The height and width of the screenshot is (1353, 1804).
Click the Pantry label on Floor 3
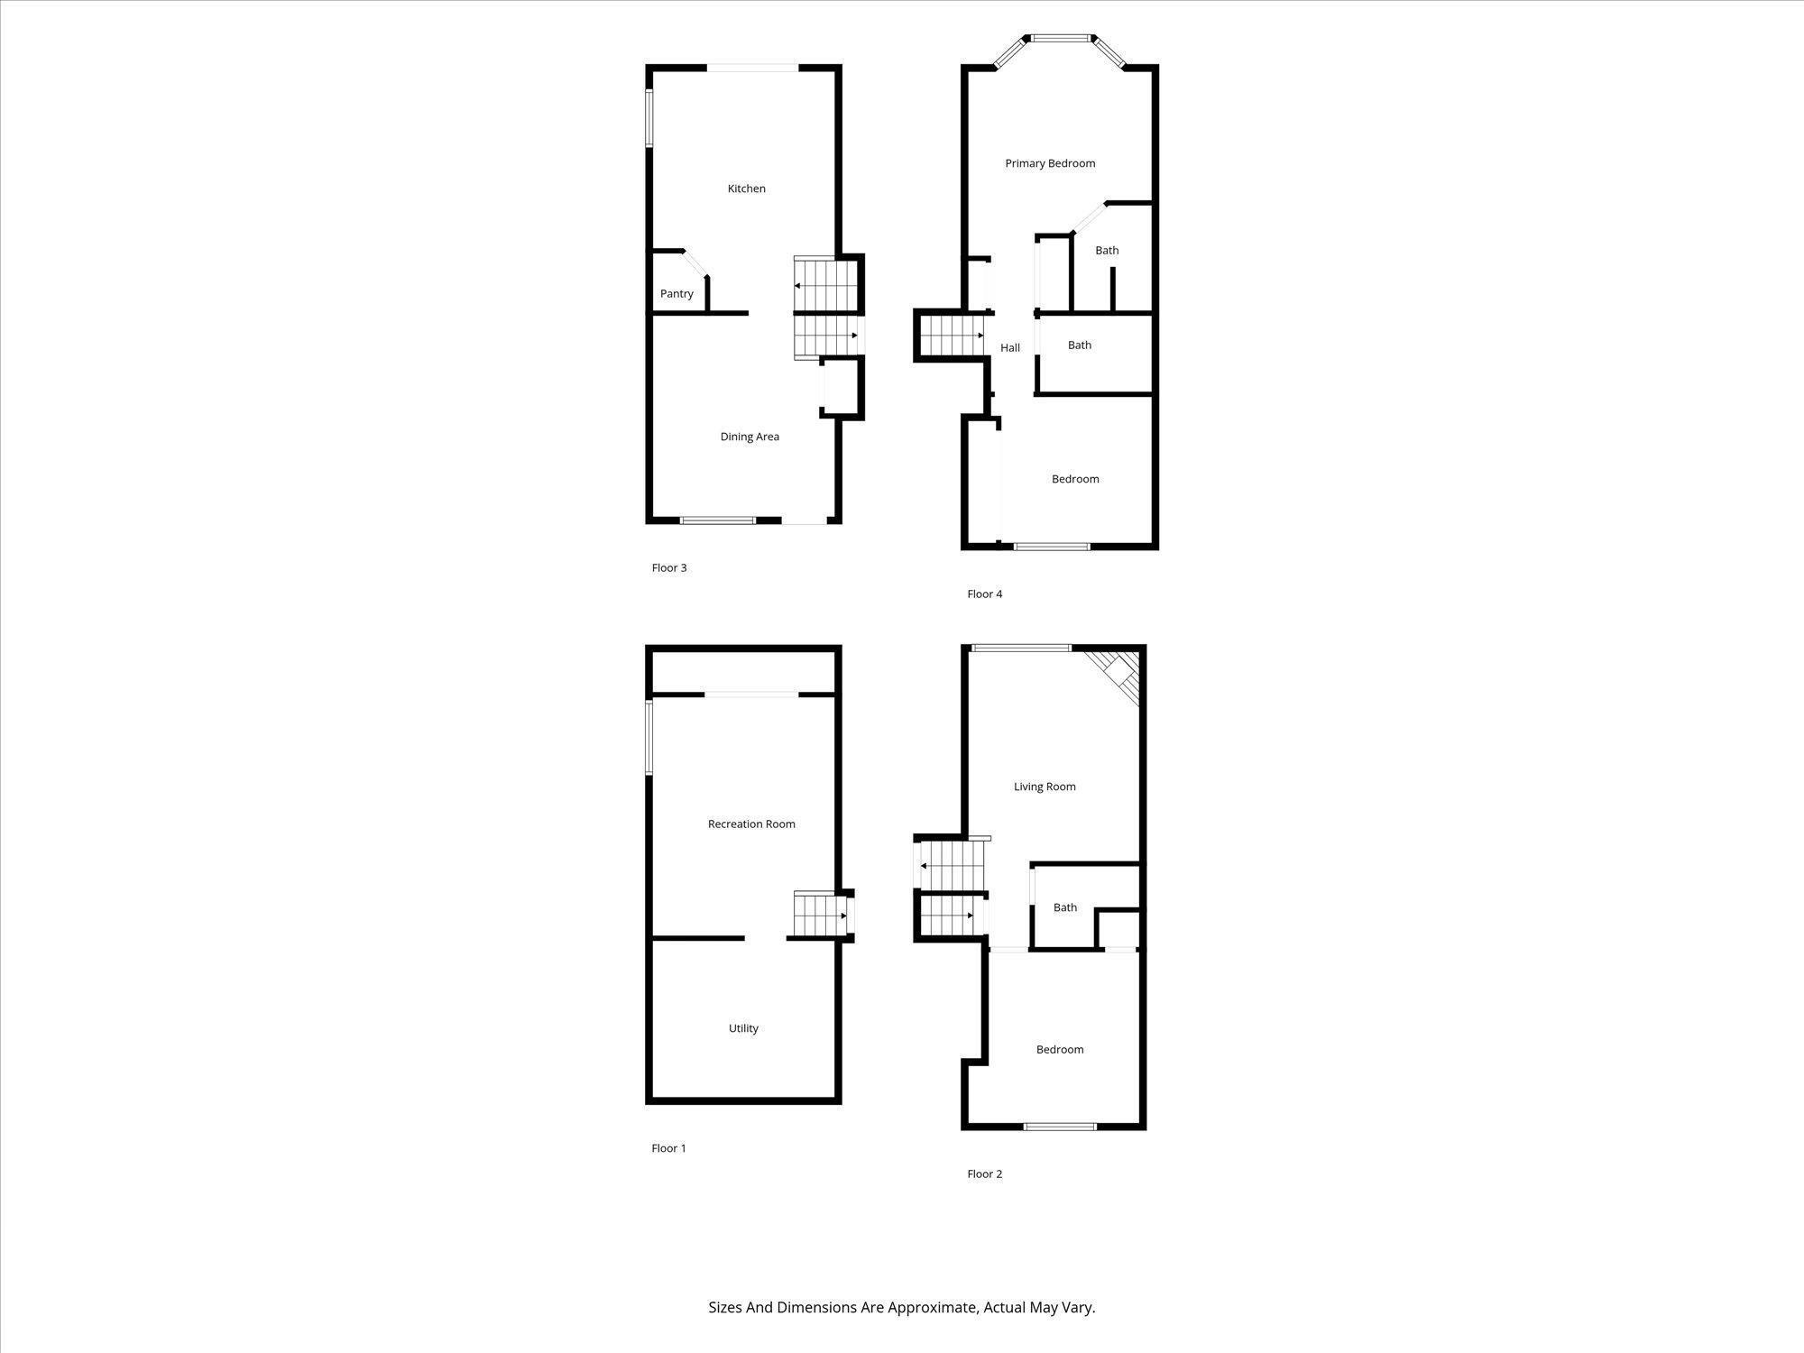click(x=676, y=294)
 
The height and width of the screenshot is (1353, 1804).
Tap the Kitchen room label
click(x=746, y=189)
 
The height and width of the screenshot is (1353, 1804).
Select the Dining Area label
click(x=749, y=437)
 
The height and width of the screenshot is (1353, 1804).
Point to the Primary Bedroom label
click(x=1050, y=163)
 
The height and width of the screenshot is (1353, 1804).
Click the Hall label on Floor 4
click(x=1009, y=348)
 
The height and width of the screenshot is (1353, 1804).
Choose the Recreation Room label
click(x=750, y=824)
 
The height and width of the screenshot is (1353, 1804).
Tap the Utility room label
click(x=743, y=1028)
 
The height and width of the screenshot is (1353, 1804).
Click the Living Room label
click(x=1045, y=787)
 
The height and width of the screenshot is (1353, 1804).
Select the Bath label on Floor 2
click(x=1064, y=907)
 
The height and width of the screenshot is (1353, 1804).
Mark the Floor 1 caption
click(x=668, y=1148)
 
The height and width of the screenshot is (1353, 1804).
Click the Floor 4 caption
click(x=984, y=594)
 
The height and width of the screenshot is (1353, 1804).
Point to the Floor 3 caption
click(x=668, y=567)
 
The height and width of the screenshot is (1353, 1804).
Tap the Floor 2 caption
click(x=984, y=1174)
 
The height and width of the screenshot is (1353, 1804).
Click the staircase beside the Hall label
click(x=951, y=335)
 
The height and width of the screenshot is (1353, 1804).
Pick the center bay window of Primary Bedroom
click(x=1061, y=39)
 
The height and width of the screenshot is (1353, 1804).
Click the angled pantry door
click(x=695, y=264)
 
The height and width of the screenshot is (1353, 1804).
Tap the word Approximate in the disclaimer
click(x=932, y=1307)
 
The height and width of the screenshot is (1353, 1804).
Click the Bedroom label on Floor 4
click(x=1074, y=479)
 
